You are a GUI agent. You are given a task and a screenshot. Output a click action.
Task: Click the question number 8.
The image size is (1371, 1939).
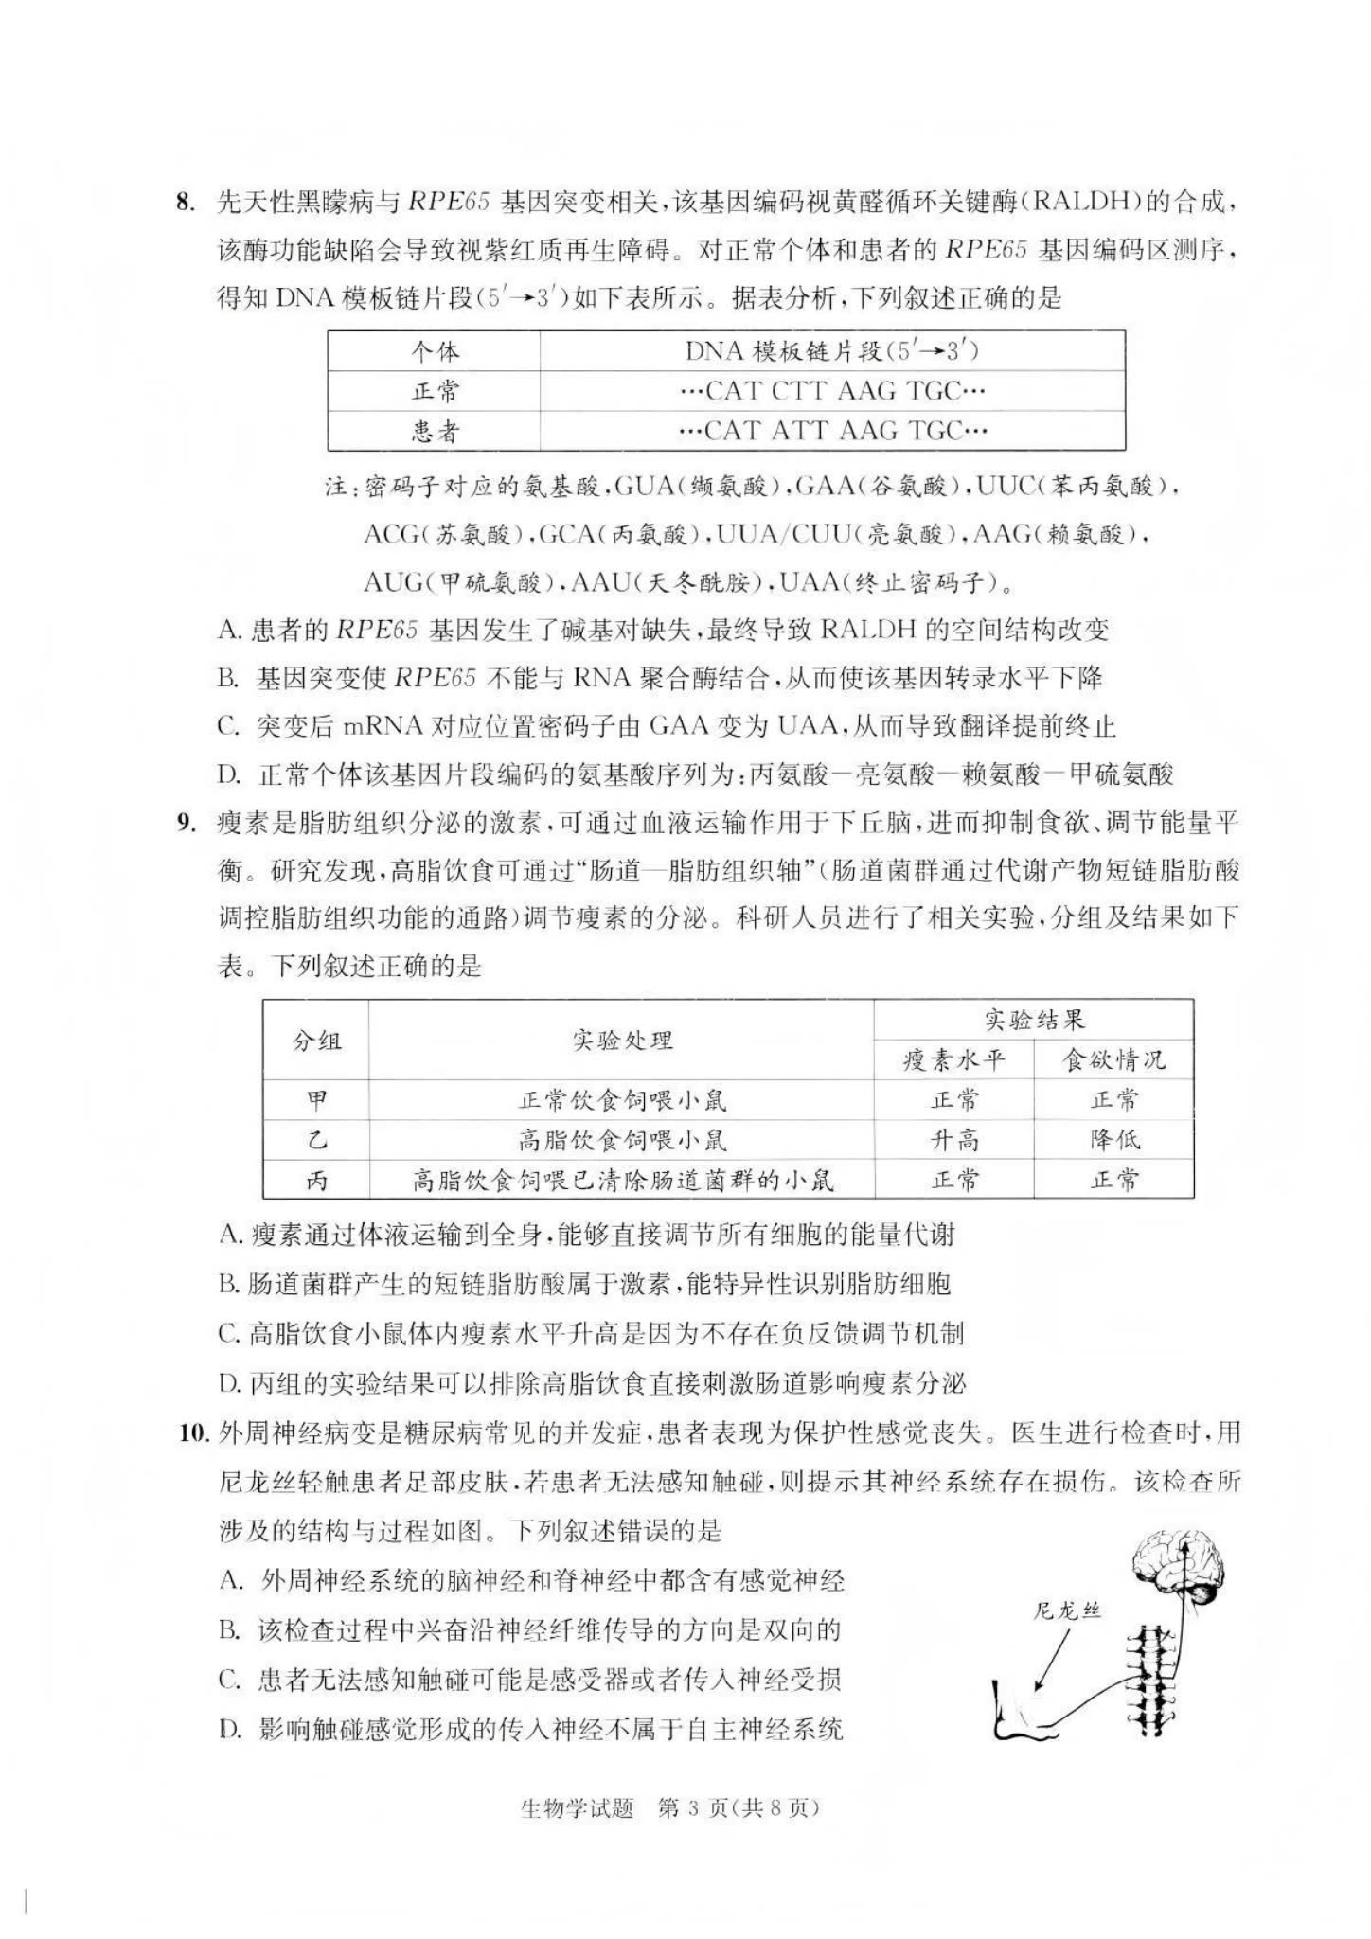[186, 202]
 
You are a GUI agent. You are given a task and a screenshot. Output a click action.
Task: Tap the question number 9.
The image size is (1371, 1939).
[186, 823]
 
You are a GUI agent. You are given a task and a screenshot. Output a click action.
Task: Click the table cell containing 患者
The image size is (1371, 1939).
[435, 432]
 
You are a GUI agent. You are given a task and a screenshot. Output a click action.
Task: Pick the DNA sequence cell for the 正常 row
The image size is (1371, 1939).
[832, 391]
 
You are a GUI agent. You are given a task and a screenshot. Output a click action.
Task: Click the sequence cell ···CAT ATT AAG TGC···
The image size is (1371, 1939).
[832, 432]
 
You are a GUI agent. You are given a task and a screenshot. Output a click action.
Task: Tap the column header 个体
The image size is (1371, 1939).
[435, 351]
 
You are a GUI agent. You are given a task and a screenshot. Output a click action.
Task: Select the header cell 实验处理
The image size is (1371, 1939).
[621, 1041]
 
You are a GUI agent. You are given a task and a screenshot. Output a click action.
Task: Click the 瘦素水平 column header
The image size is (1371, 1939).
[953, 1060]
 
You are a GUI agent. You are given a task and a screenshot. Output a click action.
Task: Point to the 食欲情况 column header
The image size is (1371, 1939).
[1113, 1060]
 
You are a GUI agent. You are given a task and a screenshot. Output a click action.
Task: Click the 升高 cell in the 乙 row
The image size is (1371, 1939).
[953, 1140]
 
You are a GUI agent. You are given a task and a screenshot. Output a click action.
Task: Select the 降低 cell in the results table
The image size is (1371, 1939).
[1113, 1140]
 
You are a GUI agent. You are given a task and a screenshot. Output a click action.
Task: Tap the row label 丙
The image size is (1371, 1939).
[316, 1181]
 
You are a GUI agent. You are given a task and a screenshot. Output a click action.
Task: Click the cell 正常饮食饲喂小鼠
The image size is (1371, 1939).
[621, 1100]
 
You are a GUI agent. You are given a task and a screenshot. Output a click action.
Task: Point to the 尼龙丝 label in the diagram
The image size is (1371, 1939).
[1067, 1611]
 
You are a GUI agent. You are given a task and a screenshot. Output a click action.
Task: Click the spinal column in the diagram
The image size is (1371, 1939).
[1153, 1676]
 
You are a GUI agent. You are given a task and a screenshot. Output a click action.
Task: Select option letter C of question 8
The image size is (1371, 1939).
[227, 726]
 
